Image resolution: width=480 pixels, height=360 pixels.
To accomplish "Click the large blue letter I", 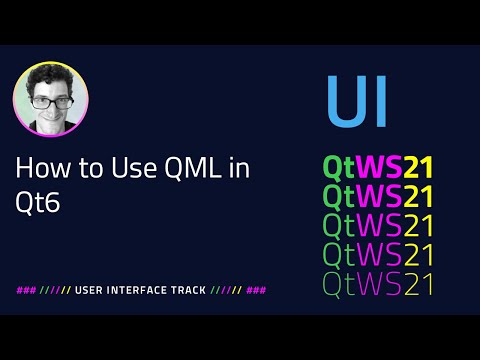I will pos(379,103).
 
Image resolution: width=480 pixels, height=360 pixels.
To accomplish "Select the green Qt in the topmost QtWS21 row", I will pos(339,167).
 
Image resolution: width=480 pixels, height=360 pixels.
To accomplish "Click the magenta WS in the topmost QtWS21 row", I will pos(382,166).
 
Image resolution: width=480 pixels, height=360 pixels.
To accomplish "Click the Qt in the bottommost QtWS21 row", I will pos(339,284).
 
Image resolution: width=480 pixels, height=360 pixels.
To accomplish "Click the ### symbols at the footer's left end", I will pos(27,290).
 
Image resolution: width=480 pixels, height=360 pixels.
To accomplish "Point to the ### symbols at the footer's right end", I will pos(256,290).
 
